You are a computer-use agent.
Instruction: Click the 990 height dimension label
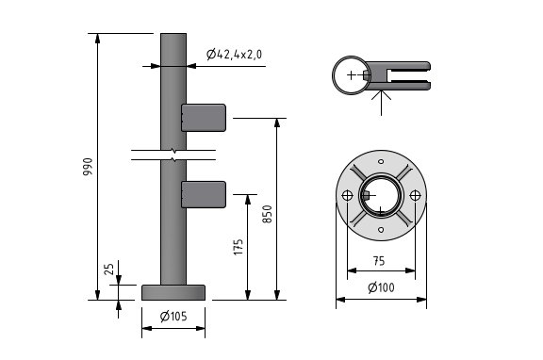coord(88,167)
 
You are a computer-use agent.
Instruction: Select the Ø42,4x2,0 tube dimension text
coord(235,55)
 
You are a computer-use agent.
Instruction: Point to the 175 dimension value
coord(238,247)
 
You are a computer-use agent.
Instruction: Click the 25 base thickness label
coord(108,270)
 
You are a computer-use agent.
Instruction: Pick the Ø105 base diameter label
coord(173,315)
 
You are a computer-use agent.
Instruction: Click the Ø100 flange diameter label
coord(381,286)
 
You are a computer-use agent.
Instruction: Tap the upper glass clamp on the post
coord(204,117)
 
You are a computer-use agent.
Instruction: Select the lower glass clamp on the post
coord(204,193)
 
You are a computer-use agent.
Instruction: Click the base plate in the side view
coord(173,292)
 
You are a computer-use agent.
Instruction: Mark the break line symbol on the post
coord(173,153)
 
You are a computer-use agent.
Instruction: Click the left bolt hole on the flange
coord(348,195)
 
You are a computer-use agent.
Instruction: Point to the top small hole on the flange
coord(381,162)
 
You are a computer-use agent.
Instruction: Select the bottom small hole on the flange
coord(381,228)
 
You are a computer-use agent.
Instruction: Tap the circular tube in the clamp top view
coord(351,74)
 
